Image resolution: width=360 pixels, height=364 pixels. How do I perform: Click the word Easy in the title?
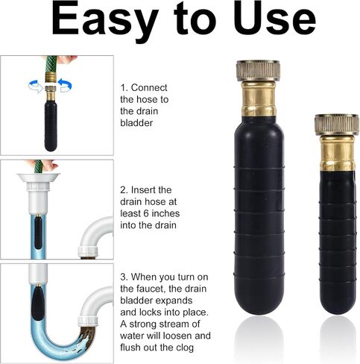coord(104,20)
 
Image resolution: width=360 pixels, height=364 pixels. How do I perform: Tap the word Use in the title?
coord(274,19)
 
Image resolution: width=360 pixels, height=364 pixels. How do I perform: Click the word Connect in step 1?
coord(149,87)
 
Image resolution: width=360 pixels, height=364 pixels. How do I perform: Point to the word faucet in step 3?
coord(151,289)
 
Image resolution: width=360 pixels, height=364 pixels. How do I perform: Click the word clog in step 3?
coord(184,348)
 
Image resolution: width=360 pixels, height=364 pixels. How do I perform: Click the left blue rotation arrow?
coord(36,86)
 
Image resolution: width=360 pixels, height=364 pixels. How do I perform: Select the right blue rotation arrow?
coord(65,85)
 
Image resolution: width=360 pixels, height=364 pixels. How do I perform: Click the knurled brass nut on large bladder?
coord(259,70)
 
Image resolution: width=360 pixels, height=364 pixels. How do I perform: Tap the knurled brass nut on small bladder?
coord(337,125)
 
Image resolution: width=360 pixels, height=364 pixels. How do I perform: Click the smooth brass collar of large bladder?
coord(259,98)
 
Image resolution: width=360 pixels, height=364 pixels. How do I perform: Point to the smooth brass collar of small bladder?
coord(337,153)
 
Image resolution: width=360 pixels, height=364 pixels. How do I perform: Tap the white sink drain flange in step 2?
coord(39,178)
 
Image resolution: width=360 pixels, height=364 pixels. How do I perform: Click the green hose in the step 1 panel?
coord(51,65)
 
